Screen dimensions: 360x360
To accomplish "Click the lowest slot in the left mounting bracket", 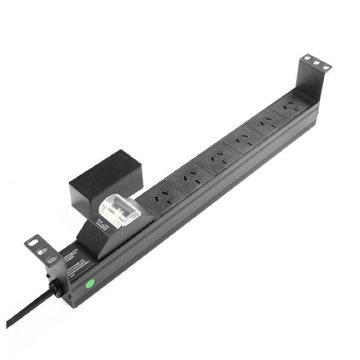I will coord(52,259).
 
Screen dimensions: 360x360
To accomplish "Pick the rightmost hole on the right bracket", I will coord(325,67).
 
